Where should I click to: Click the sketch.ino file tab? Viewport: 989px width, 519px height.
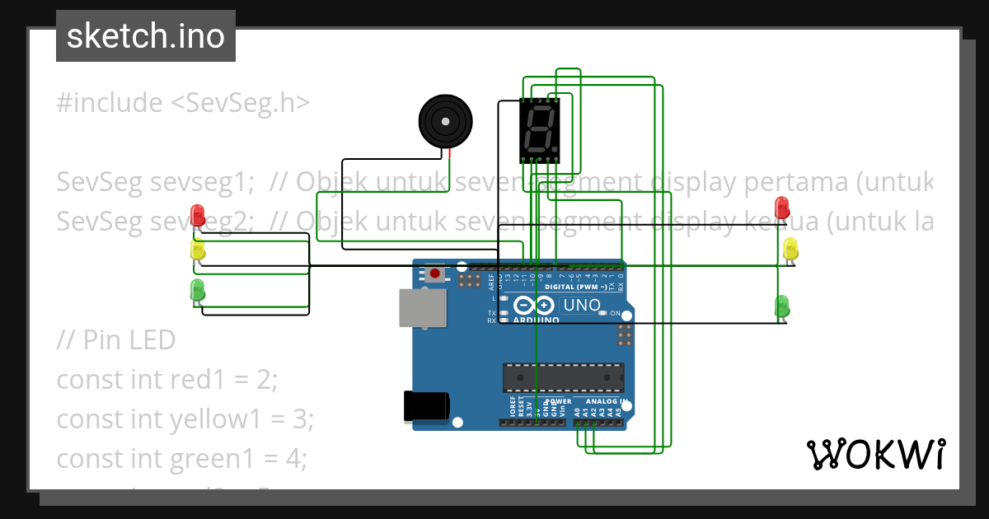point(145,36)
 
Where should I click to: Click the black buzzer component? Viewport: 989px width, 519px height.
point(446,122)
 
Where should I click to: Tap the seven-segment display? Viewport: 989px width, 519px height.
point(539,130)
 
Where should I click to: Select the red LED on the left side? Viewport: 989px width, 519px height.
point(198,215)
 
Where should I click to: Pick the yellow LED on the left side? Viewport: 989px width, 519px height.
point(198,250)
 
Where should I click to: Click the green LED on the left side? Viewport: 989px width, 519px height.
point(198,289)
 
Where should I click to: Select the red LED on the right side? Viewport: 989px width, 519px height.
point(783,207)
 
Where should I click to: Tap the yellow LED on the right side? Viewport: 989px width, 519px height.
point(790,249)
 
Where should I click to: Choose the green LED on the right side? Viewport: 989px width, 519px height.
point(782,306)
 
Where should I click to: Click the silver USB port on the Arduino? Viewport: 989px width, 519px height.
point(422,308)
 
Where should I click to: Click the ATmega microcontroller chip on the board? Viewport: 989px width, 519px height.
point(563,376)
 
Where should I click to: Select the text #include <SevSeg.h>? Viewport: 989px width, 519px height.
point(183,103)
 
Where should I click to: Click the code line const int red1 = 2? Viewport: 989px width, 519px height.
point(167,380)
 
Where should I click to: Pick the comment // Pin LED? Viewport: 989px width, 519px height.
point(116,339)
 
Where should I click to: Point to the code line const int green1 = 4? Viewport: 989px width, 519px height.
point(181,458)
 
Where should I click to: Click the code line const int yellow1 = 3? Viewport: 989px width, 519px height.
point(185,419)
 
